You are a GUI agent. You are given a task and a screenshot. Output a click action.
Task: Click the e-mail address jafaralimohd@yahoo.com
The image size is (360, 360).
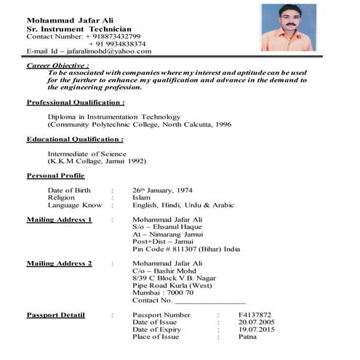pyautogui.click(x=108, y=52)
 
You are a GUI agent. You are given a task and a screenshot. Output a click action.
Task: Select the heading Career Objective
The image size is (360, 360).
pyautogui.click(x=53, y=65)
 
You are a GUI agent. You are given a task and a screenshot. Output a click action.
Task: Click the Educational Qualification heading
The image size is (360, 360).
pyautogui.click(x=74, y=138)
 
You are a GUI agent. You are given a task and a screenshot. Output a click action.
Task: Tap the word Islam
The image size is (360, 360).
pyautogui.click(x=141, y=197)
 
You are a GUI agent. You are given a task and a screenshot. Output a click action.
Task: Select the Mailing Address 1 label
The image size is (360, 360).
pyautogui.click(x=59, y=219)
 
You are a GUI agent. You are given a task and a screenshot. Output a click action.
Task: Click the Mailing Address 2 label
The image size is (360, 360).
pyautogui.click(x=59, y=263)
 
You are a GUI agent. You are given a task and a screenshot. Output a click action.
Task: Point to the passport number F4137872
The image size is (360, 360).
pyautogui.click(x=255, y=315)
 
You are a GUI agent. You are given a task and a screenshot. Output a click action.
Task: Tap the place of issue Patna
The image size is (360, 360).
pyautogui.click(x=248, y=337)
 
